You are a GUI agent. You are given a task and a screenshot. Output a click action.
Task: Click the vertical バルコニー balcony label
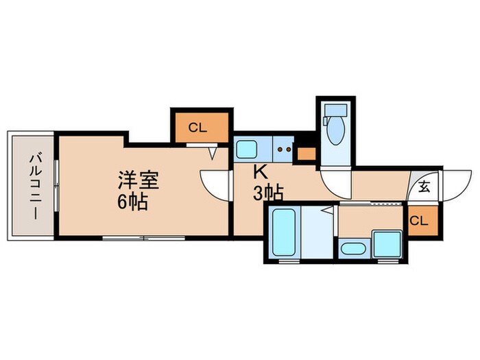(33, 186)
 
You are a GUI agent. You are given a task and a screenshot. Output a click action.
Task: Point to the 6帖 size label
(133, 203)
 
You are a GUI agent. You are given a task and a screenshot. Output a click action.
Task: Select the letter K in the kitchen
(261, 172)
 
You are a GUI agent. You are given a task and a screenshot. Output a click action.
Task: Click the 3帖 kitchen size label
(267, 194)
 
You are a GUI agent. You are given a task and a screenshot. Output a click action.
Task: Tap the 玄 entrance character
(424, 186)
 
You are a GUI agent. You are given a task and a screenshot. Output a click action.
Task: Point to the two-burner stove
(285, 149)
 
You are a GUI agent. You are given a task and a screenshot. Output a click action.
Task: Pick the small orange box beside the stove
(307, 152)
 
